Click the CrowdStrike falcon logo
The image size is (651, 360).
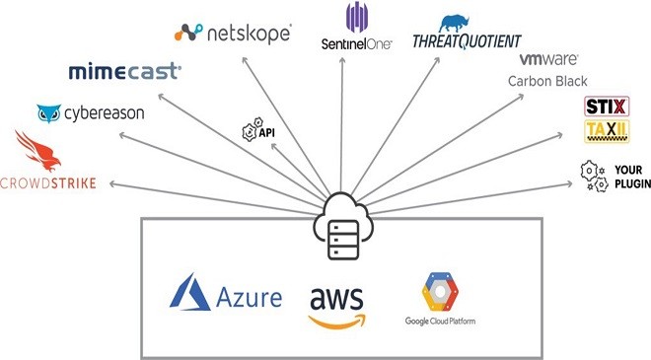point(37,152)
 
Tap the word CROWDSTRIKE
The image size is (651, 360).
point(48,183)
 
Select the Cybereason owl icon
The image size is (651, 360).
point(49,113)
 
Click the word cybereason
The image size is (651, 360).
point(105,113)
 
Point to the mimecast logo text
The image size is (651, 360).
point(124,72)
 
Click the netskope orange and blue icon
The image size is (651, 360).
point(188,33)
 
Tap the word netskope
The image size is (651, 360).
point(250,34)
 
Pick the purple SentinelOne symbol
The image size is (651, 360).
point(357,17)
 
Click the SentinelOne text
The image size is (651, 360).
point(357,44)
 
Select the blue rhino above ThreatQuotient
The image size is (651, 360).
point(454,24)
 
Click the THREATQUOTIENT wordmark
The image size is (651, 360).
point(467,41)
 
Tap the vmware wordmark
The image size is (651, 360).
point(548,59)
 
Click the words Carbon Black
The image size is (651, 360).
point(547,81)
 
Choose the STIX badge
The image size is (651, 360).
point(607,107)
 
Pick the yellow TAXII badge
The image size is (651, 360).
point(607,131)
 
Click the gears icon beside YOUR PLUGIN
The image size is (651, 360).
point(594,177)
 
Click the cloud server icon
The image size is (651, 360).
point(343,226)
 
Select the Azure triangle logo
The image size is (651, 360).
point(189,292)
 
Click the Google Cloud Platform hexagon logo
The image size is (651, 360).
point(440,292)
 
